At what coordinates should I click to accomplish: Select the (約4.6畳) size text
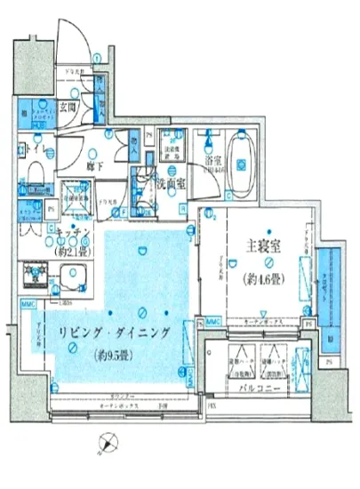264,279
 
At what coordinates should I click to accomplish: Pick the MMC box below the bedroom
212,321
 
